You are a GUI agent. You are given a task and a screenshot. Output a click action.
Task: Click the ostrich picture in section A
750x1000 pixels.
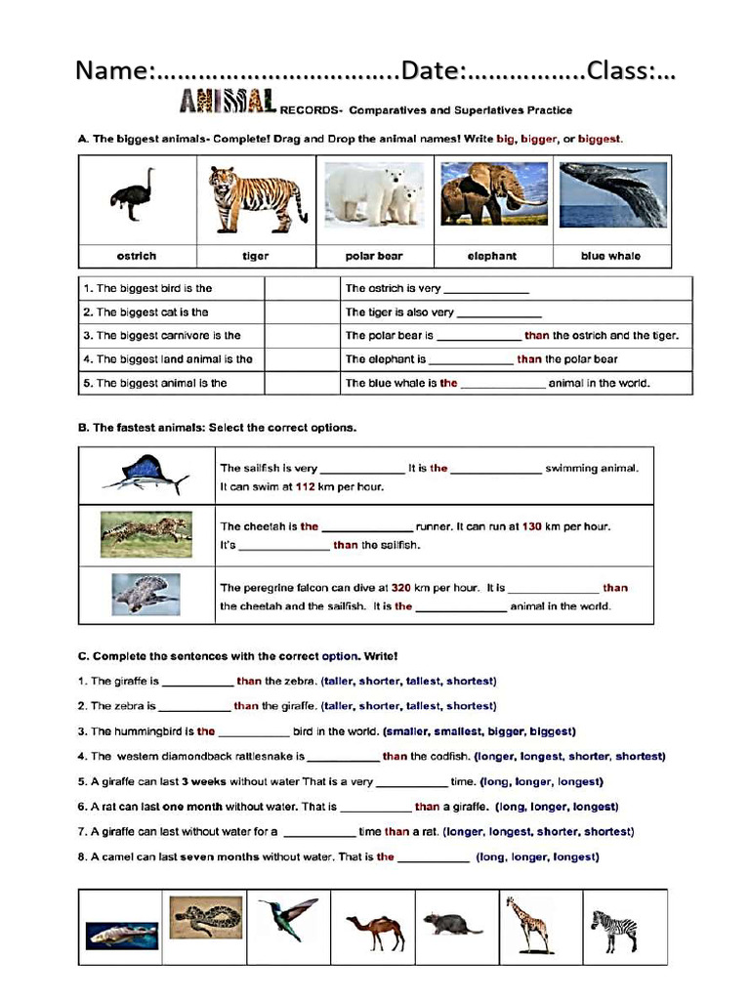coord(134,195)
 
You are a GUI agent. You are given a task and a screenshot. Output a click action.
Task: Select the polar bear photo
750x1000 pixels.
coord(373,194)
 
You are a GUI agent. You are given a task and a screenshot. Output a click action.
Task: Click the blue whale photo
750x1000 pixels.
coord(612,194)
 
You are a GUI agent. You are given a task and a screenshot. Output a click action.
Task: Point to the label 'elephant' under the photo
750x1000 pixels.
coord(492,256)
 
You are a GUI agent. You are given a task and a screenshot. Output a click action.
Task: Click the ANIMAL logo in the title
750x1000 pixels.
coord(228,102)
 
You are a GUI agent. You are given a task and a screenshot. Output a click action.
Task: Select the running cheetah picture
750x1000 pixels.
coord(146,532)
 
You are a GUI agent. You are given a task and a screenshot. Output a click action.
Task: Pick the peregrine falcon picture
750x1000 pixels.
coord(145,594)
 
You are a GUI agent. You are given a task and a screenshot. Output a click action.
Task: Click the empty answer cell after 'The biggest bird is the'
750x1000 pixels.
coord(300,288)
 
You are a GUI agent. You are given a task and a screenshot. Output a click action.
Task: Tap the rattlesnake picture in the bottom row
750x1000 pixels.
coord(206,917)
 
